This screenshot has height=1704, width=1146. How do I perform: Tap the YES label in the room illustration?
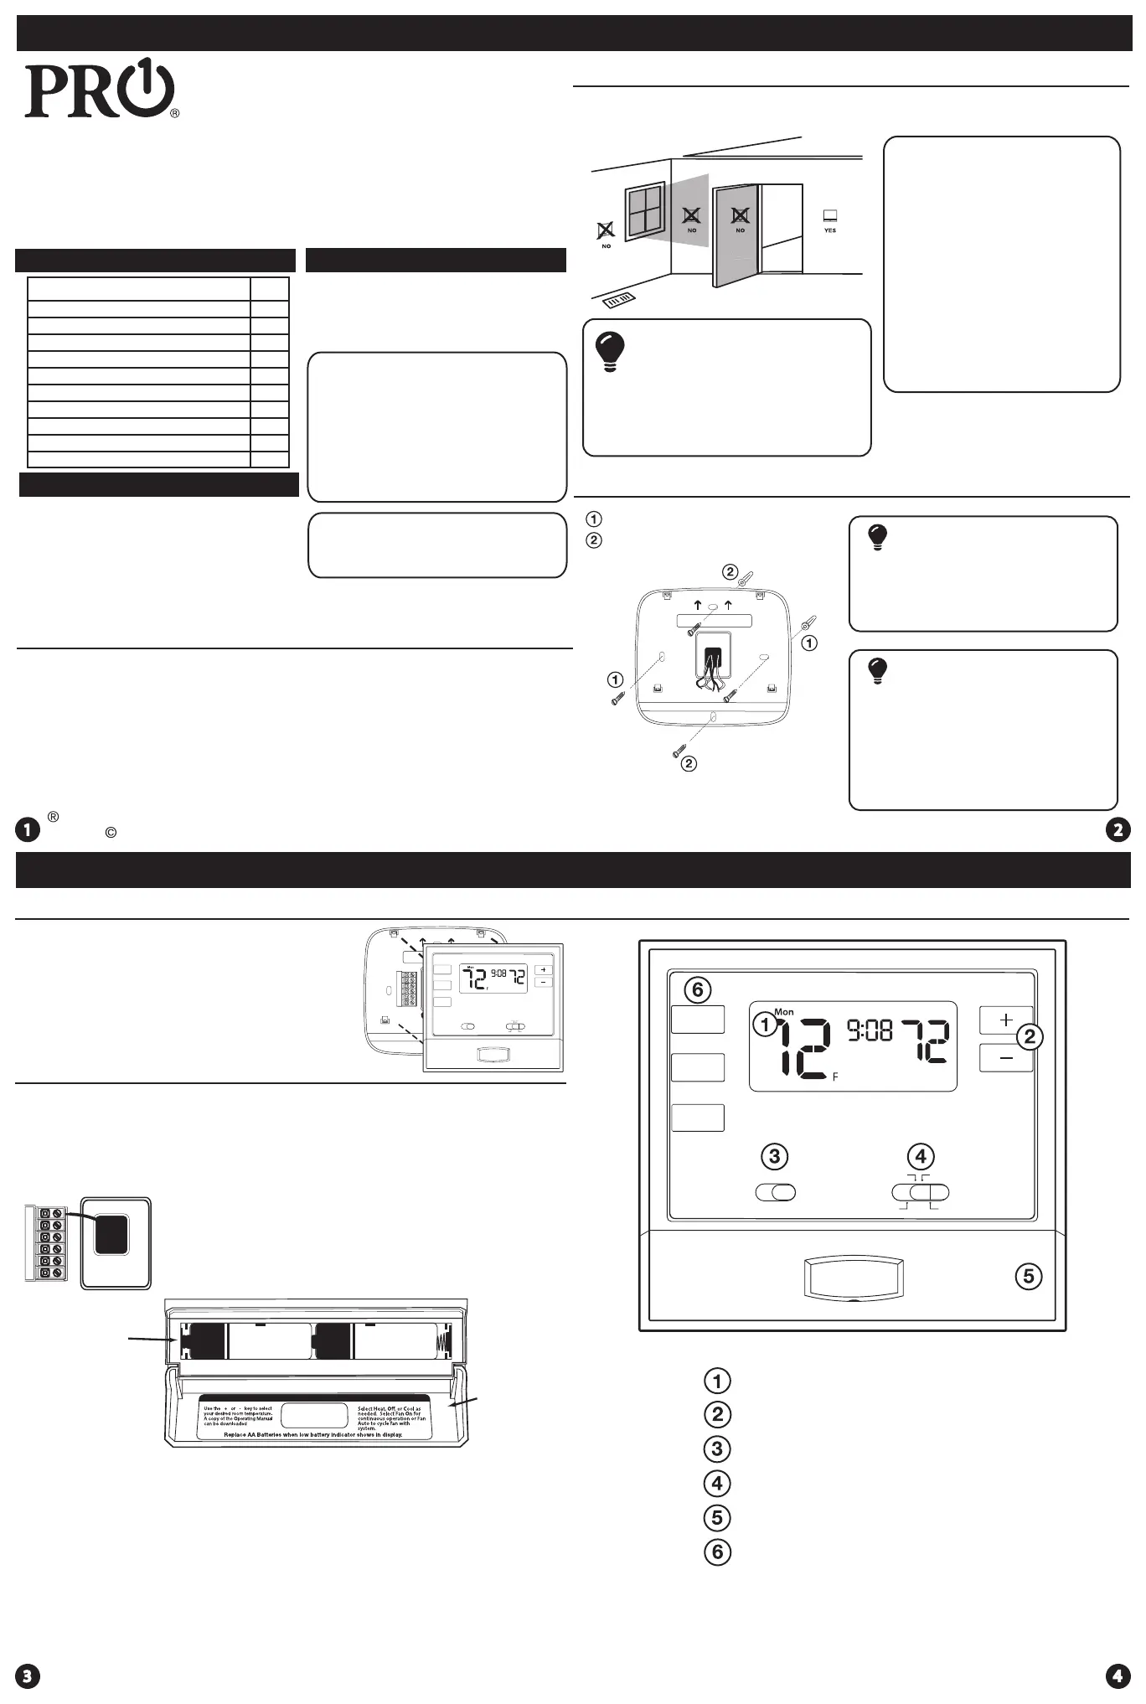[x=829, y=230]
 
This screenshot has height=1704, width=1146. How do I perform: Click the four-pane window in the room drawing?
[x=645, y=211]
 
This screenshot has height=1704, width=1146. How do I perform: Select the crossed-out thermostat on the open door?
[x=740, y=214]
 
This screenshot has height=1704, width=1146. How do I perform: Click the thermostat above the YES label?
[x=829, y=215]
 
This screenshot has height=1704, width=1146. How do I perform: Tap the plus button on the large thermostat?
[x=1006, y=1020]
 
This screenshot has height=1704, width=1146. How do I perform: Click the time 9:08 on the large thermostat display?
[x=870, y=1030]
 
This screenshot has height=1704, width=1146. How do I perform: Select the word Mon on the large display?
[x=784, y=1012]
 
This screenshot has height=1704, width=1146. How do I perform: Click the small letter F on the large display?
[x=835, y=1077]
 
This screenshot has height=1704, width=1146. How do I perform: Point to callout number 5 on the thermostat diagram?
[x=1029, y=1276]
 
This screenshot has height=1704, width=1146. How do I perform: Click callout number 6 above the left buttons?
[x=697, y=989]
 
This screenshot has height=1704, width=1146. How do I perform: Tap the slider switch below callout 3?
[x=775, y=1192]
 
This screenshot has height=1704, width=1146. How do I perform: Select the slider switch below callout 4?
[x=921, y=1192]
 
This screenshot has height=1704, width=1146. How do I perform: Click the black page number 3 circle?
[x=28, y=1676]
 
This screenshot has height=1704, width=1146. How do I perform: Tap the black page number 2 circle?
[x=1118, y=829]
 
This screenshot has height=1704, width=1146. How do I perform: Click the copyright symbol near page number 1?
[x=110, y=833]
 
